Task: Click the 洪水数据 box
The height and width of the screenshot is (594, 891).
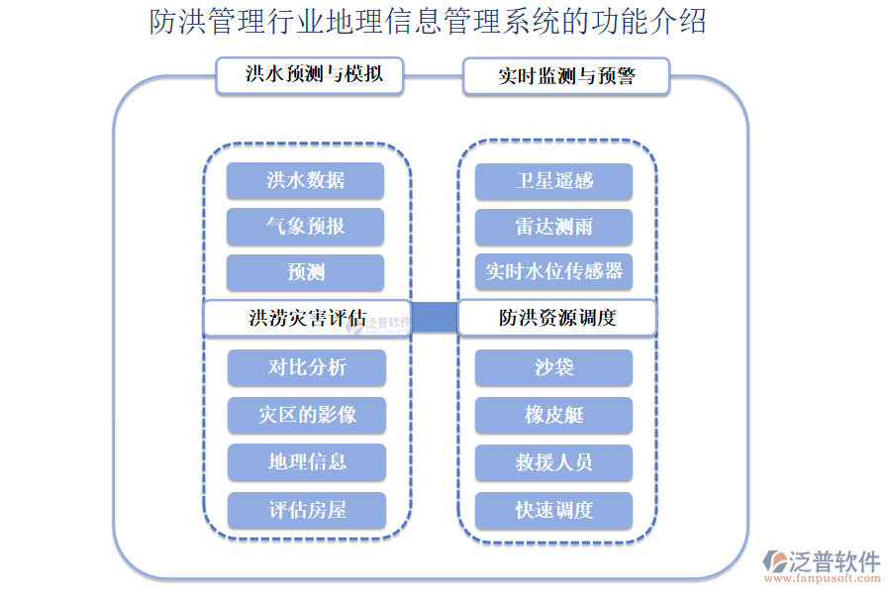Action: coord(305,180)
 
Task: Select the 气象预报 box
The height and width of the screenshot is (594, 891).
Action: coord(305,226)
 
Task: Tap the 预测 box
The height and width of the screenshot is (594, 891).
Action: coord(305,272)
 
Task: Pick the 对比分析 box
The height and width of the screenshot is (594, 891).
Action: coord(307,367)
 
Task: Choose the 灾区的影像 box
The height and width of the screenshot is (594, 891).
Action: coord(307,415)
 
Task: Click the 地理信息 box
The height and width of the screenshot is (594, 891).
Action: coord(307,462)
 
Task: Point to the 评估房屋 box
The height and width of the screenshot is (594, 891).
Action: coord(307,510)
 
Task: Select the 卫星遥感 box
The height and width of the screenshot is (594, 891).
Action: coord(553,180)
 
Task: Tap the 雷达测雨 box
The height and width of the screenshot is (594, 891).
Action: coord(553,226)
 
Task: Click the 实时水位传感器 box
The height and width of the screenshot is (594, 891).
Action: coord(553,272)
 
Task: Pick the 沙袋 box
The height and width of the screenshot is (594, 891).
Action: coord(553,367)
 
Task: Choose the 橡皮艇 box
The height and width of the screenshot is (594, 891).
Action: coord(553,415)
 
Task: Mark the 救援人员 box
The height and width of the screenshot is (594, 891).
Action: coord(553,462)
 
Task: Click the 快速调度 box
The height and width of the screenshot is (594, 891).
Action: coord(553,510)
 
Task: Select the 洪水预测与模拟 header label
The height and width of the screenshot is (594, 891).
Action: coord(310,75)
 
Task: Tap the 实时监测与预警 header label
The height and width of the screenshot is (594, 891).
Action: coord(565,76)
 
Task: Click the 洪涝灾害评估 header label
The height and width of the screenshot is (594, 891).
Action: coord(307,318)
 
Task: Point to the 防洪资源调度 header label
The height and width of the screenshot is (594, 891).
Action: coord(556,318)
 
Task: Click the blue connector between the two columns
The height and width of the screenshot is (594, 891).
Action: coord(435,318)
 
